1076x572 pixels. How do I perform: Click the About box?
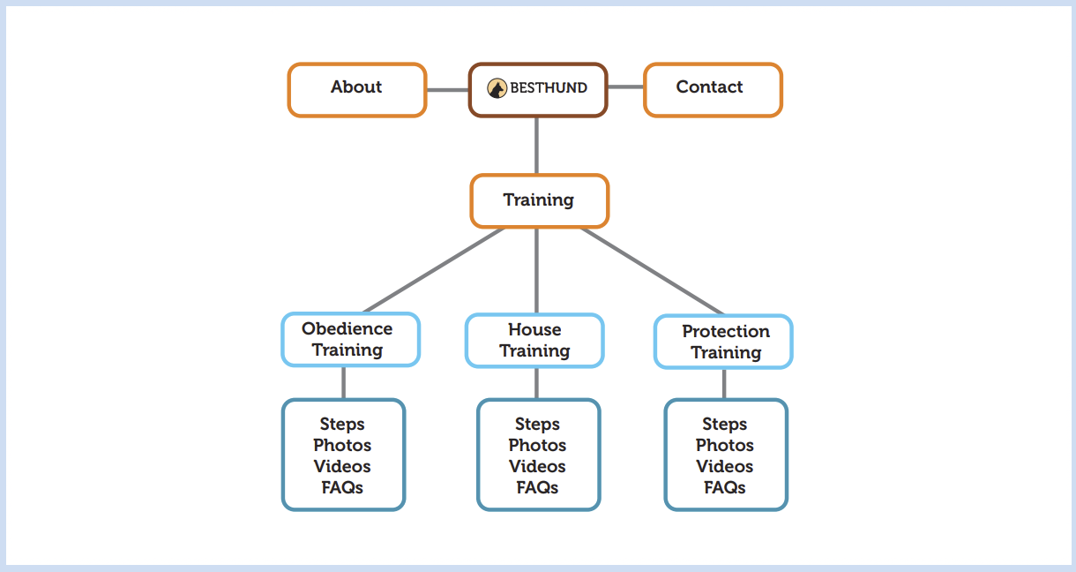(x=357, y=89)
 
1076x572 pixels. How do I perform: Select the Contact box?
(x=713, y=89)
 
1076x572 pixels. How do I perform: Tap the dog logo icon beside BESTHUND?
(x=497, y=88)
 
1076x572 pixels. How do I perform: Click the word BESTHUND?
(x=548, y=88)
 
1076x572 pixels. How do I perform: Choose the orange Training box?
(x=539, y=201)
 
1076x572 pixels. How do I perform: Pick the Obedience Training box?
(x=350, y=340)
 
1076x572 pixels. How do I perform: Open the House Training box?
(x=534, y=341)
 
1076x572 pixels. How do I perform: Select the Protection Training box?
(x=723, y=342)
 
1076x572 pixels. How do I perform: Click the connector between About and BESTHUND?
(x=447, y=89)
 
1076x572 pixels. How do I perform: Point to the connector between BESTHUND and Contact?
(x=625, y=87)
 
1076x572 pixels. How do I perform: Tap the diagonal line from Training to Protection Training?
(x=653, y=270)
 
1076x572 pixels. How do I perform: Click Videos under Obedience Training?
(x=342, y=466)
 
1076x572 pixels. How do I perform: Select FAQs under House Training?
(x=538, y=487)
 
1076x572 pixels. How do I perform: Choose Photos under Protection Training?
(x=725, y=445)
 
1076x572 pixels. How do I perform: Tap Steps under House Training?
(x=538, y=424)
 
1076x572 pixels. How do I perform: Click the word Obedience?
(x=347, y=328)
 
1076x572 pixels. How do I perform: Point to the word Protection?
(x=726, y=331)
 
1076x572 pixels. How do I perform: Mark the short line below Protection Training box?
(x=724, y=384)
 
